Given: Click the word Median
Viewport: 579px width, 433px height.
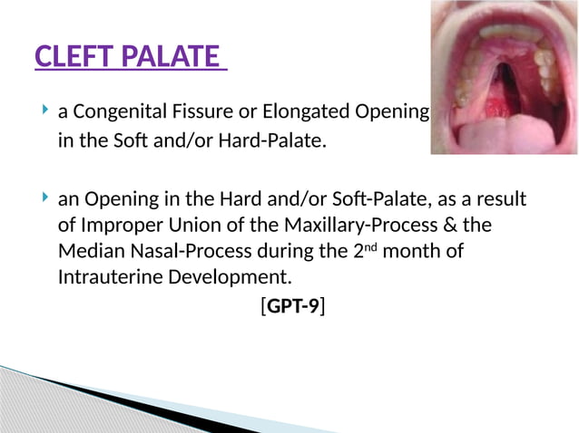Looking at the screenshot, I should (89, 251).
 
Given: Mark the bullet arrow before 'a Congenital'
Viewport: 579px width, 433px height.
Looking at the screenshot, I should (45, 112).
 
